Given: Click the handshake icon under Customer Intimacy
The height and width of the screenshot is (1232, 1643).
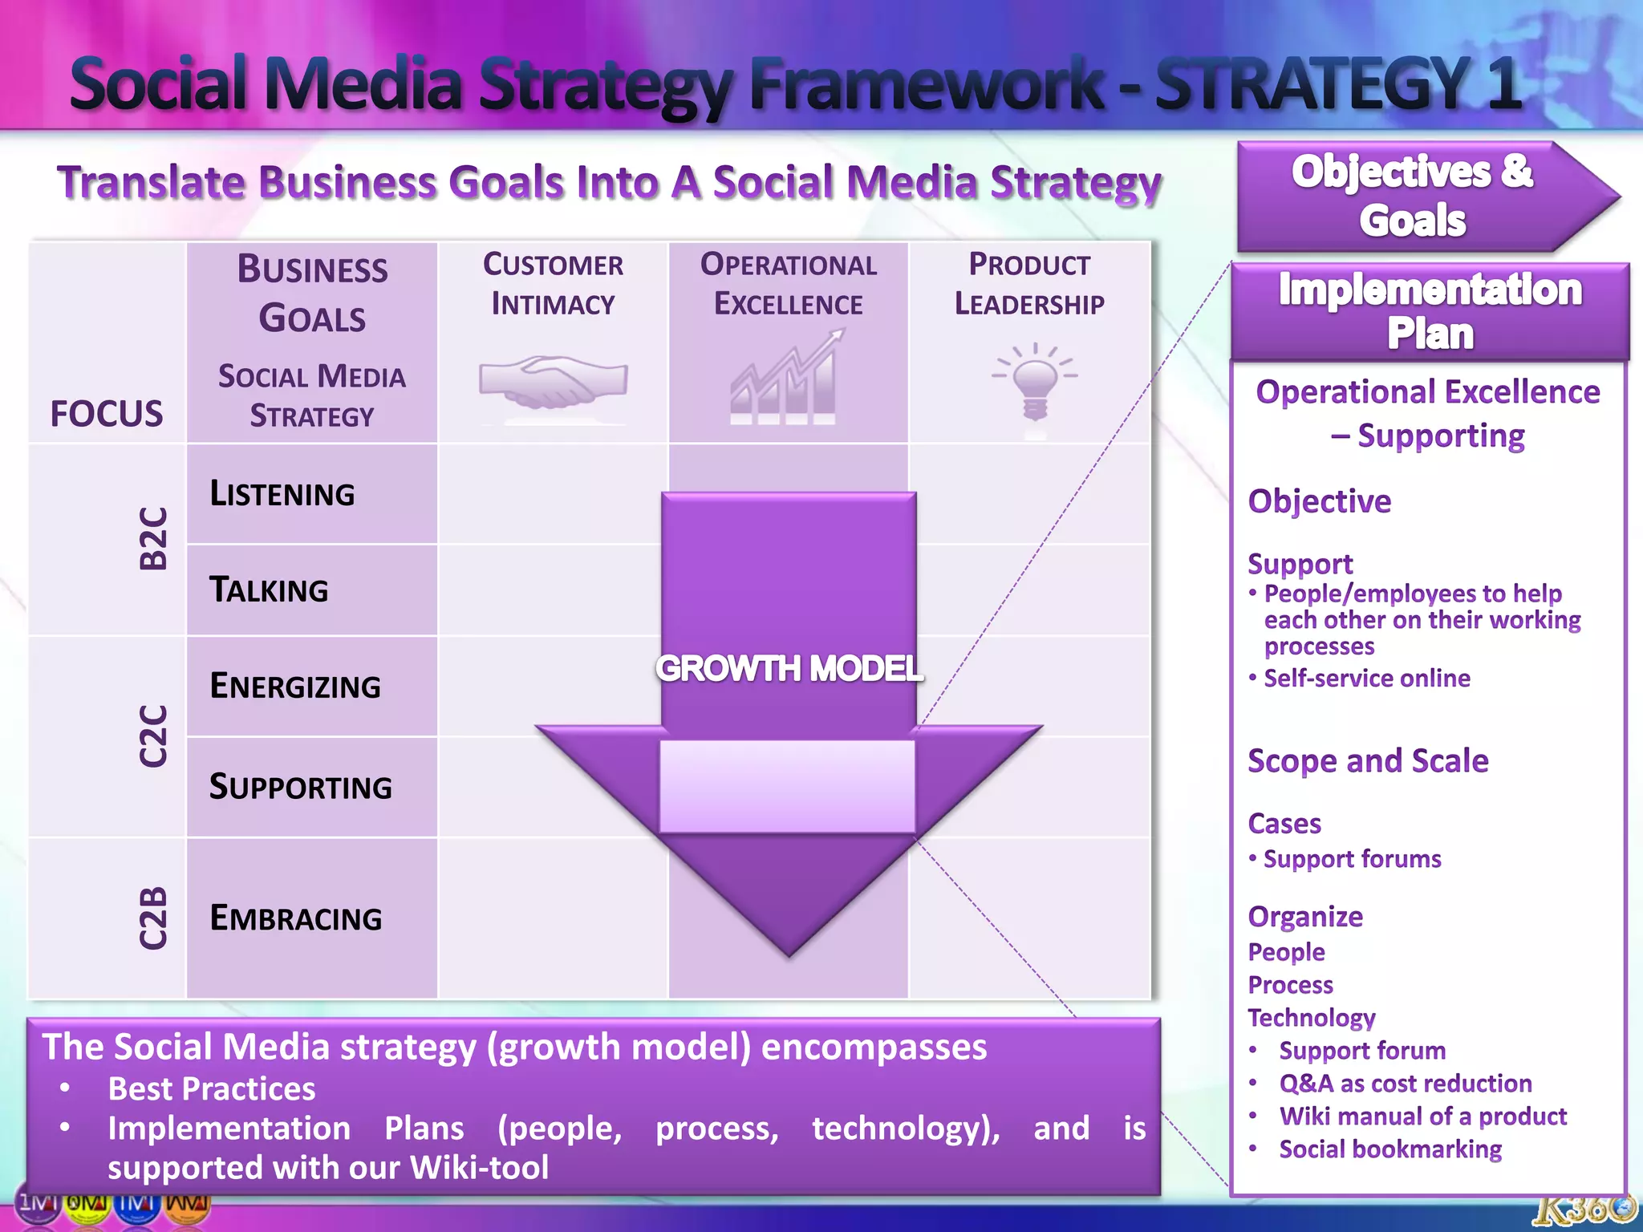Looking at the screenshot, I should [553, 382].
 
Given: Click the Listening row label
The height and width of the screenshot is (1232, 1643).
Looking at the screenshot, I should [282, 493].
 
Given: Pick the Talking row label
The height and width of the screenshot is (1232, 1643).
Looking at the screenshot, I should [269, 590].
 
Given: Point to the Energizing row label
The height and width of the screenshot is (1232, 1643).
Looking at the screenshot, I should [294, 687].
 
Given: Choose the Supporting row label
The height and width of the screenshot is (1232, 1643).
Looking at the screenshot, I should [300, 787].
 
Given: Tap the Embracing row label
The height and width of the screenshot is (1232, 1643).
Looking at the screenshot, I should [295, 918].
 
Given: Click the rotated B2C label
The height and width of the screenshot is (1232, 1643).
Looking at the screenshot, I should [152, 538].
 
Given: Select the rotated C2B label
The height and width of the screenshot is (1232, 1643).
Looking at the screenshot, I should [152, 918].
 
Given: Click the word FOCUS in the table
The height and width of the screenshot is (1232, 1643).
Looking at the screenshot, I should [106, 414].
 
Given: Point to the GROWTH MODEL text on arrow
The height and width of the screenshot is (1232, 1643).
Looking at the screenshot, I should [789, 668].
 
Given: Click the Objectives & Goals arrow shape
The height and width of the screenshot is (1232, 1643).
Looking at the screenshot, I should [1412, 197].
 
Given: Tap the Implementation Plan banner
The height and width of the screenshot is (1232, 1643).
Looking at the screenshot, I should [1430, 311].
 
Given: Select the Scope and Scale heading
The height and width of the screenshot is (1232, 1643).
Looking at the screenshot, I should [1368, 760].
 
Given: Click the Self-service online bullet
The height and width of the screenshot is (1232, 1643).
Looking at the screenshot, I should [1366, 679].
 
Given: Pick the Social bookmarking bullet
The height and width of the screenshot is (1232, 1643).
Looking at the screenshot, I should [1389, 1149].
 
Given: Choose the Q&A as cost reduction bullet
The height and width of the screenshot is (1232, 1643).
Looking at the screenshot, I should [1405, 1084].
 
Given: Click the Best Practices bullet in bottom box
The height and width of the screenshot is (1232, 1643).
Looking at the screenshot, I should [212, 1089].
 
